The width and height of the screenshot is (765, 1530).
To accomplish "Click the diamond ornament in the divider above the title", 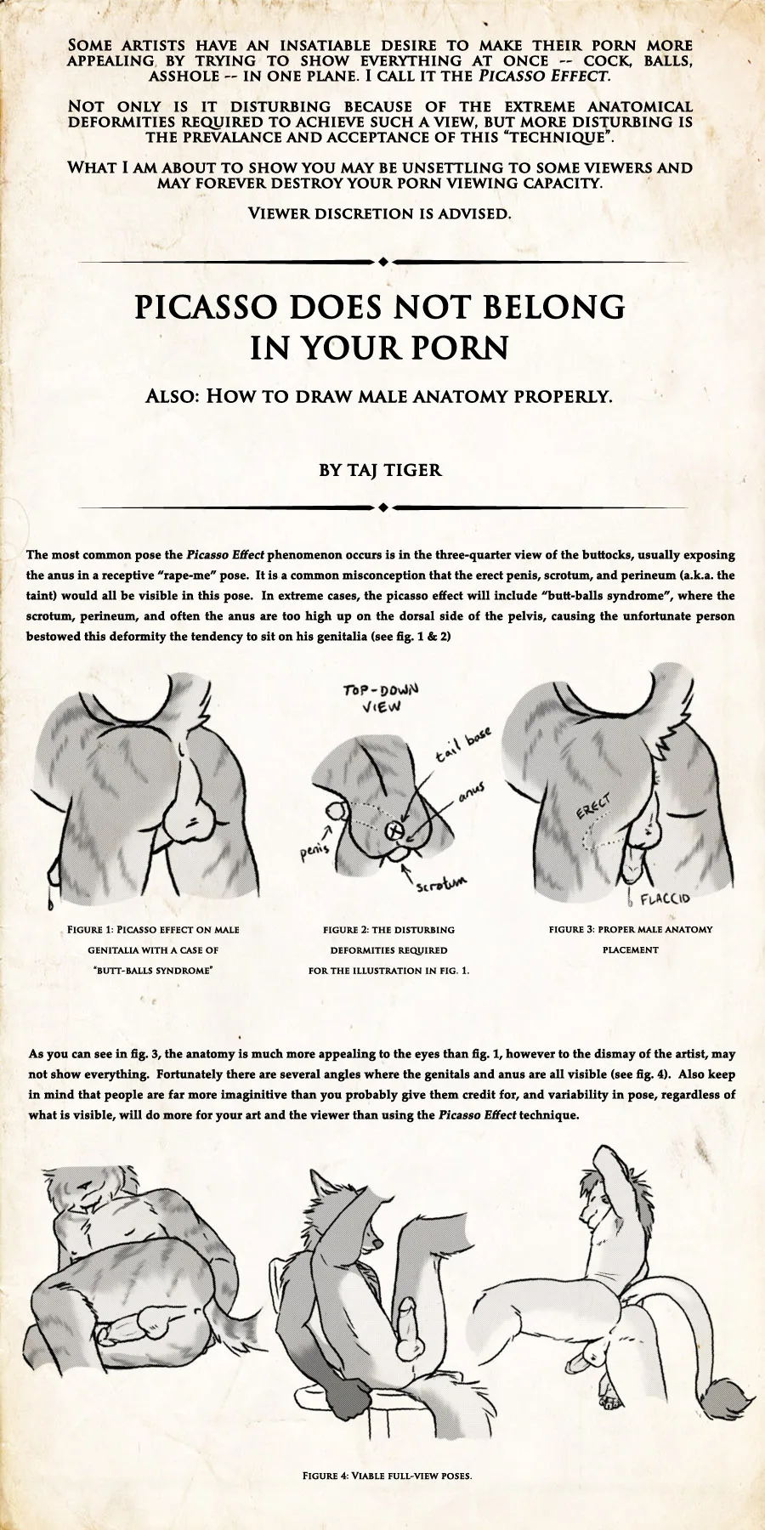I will (x=383, y=261).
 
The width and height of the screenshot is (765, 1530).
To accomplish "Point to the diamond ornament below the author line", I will (x=383, y=507).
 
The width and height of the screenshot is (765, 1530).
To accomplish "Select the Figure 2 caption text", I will (x=388, y=949).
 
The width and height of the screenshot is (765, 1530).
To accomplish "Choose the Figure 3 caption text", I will (x=630, y=939).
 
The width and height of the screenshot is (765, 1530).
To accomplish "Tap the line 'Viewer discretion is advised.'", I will (x=379, y=213).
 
